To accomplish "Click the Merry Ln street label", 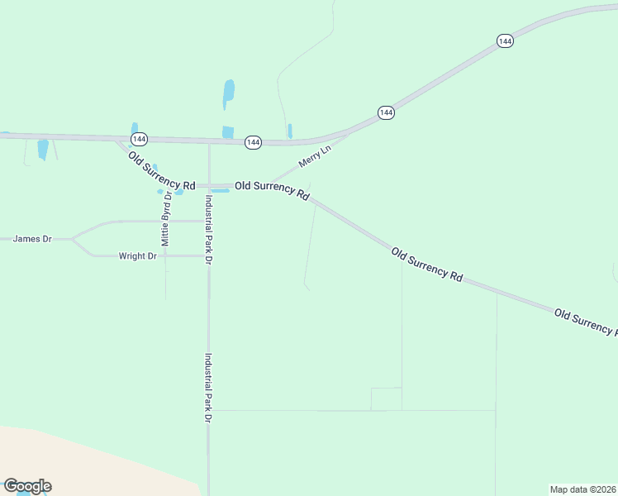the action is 314,155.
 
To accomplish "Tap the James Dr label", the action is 32,239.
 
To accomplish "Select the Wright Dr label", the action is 137,256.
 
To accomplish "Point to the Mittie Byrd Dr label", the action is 166,219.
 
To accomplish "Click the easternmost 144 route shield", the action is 506,41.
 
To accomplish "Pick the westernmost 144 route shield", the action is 139,140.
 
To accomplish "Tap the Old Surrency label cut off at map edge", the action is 586,321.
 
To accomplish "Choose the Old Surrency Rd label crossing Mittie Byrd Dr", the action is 161,169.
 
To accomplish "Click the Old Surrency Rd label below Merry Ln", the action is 272,191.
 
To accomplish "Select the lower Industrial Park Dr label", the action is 208,389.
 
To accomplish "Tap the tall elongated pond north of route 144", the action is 229,93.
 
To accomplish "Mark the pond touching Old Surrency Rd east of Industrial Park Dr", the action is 220,191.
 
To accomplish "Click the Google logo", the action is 27,486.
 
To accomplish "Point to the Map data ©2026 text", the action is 582,489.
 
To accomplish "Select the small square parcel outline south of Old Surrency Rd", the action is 386,398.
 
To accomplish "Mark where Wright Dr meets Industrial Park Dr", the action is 208,256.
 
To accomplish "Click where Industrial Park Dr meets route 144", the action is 208,142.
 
